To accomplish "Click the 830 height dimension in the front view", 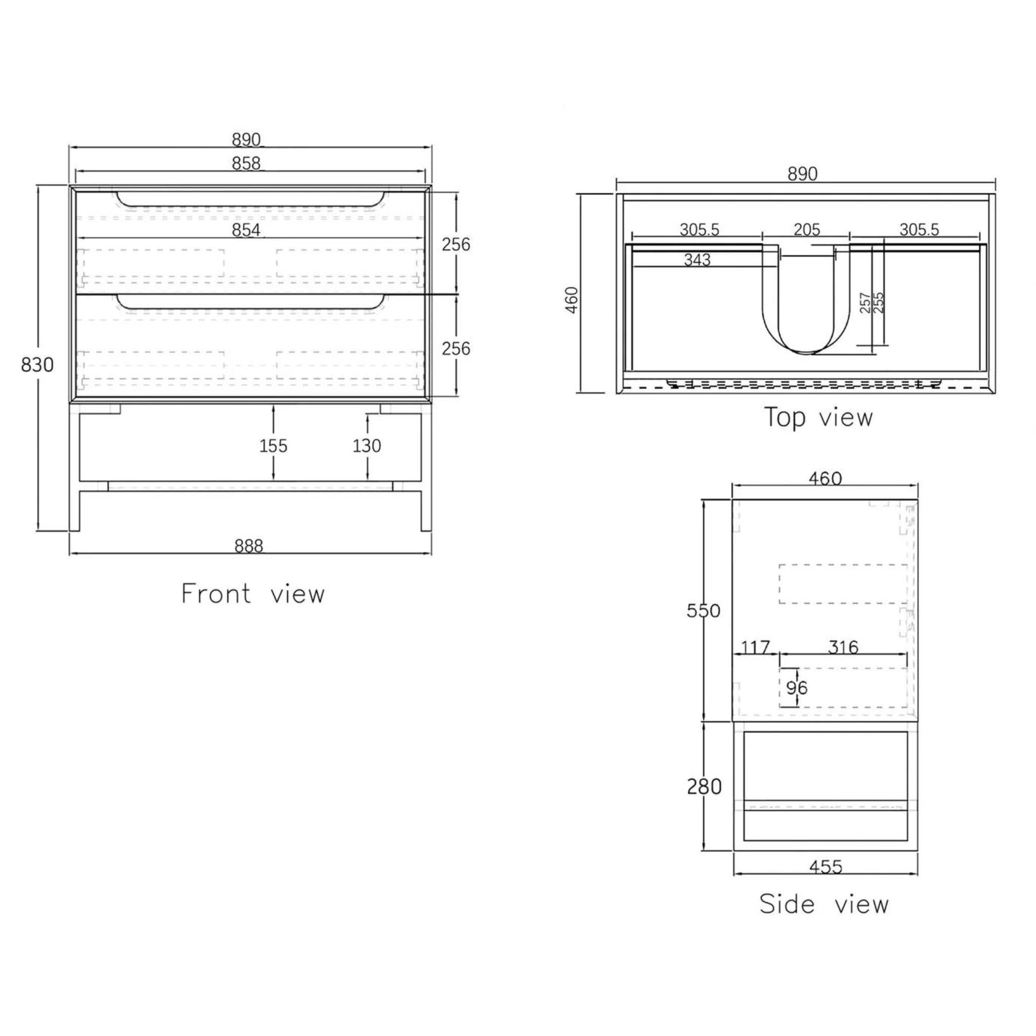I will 37,365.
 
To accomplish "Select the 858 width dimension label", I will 246,163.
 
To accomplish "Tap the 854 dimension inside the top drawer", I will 246,230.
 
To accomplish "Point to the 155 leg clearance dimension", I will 274,446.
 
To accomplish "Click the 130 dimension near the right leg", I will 367,446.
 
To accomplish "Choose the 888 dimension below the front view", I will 249,546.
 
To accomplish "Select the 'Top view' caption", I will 818,417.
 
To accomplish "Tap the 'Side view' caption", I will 824,904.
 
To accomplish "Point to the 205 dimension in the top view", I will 807,230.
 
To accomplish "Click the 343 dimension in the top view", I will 697,260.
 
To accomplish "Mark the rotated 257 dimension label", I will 865,303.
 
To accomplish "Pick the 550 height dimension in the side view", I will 704,611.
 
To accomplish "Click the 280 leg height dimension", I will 704,787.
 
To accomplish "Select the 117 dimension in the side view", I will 755,648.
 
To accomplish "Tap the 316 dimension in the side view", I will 843,648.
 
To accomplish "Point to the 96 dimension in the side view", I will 797,687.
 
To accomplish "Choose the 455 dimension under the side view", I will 826,867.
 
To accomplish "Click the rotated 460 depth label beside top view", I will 573,300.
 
